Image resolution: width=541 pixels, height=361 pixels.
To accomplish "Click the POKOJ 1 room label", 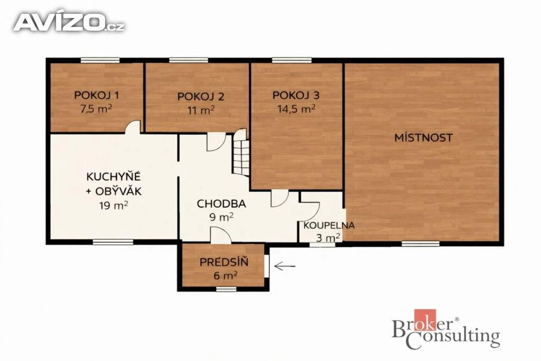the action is [97, 95].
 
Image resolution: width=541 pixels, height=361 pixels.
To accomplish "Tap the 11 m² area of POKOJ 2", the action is [201, 110].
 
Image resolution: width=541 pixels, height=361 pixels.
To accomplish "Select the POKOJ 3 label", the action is [296, 95].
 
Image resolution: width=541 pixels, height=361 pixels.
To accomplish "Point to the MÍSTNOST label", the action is [423, 138].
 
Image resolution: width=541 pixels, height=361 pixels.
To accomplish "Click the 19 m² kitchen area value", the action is [114, 206].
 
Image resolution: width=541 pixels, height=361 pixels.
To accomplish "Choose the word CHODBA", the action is [221, 203].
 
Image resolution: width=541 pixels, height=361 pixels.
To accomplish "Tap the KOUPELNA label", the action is [329, 225].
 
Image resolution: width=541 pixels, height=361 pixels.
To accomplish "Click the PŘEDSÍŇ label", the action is [224, 262].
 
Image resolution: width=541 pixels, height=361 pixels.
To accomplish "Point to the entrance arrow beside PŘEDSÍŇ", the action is [285, 266].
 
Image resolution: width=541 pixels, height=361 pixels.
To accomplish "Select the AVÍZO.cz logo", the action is [69, 22].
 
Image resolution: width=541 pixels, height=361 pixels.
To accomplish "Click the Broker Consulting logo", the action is [446, 329].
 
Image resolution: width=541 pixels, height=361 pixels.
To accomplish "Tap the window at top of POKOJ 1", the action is [100, 60].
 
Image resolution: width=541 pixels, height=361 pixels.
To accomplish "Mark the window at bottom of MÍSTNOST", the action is [421, 244].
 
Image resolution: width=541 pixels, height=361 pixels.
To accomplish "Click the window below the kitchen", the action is [113, 242].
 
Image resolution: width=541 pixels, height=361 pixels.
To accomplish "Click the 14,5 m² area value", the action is [296, 109].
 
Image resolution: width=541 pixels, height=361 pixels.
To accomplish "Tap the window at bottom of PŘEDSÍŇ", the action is [226, 289].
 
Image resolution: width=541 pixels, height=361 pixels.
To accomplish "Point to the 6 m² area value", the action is [225, 276].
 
